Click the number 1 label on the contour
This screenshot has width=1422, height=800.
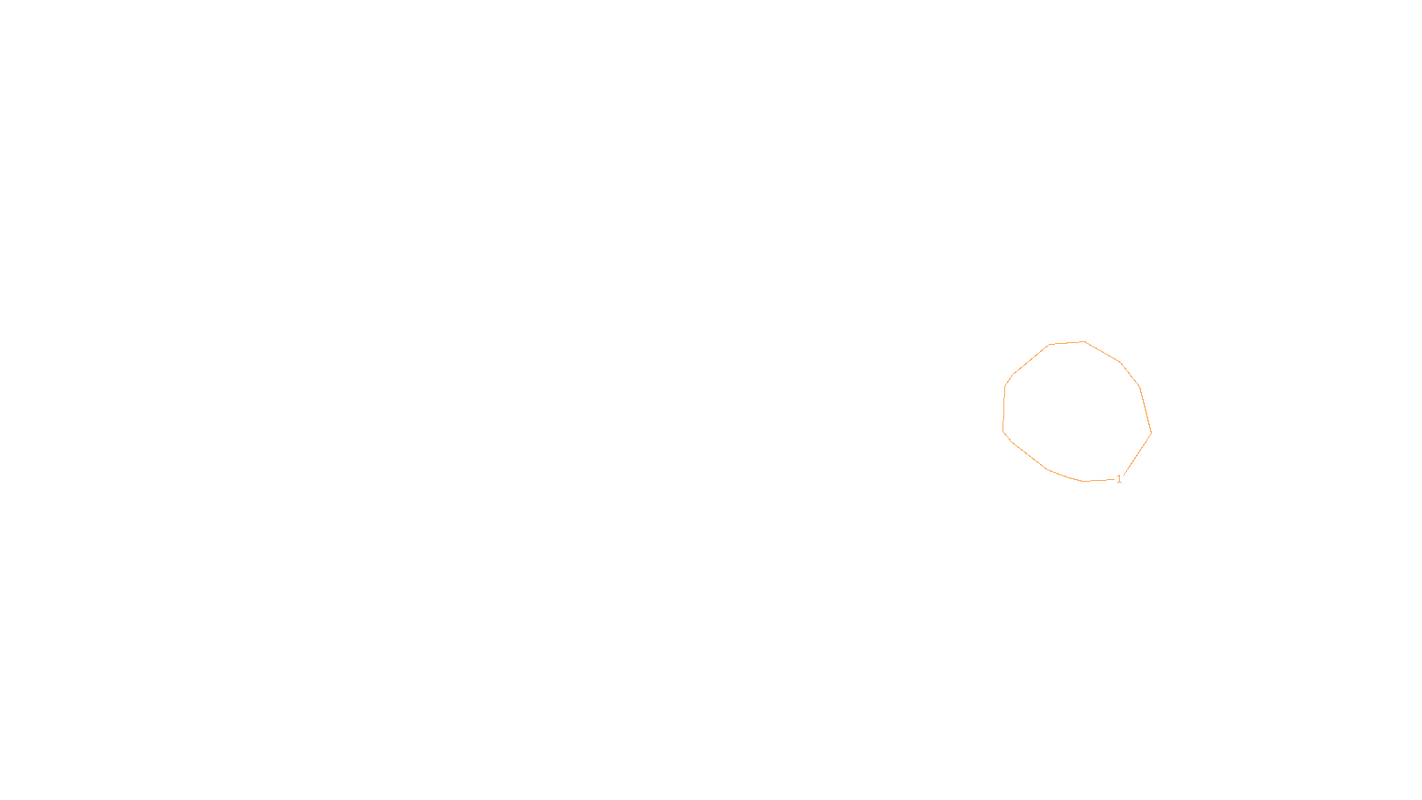[x=1119, y=479]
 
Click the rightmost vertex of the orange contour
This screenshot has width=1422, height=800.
[x=1151, y=433]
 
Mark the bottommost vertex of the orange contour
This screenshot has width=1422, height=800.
[x=1085, y=481]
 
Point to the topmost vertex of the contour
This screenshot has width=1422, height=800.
[x=1083, y=341]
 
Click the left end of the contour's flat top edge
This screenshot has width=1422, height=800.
[x=1050, y=344]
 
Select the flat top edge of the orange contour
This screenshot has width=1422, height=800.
[x=1066, y=342]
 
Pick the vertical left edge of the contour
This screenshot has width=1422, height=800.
[x=1004, y=407]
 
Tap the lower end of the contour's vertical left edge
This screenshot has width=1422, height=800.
[x=1003, y=429]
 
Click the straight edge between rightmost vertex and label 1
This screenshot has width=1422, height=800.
[x=1138, y=454]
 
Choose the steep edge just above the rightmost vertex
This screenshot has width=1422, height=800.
[x=1146, y=410]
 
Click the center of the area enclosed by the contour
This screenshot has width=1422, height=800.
[x=1077, y=412]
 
